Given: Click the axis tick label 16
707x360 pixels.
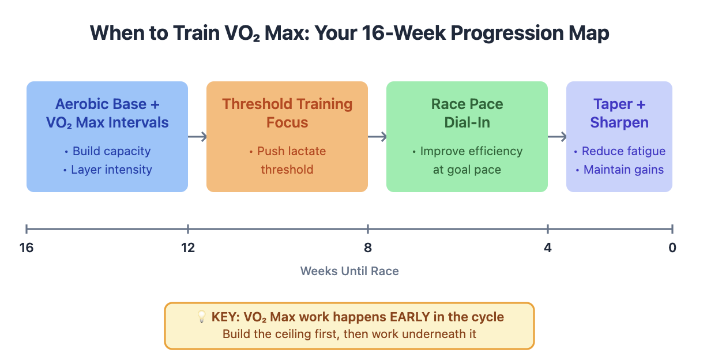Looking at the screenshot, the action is coord(26,248).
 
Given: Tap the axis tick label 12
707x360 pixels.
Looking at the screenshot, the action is coord(188,248).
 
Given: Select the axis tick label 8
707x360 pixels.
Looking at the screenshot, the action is coord(368,248).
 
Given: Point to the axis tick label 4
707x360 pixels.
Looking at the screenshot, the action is coord(548,248).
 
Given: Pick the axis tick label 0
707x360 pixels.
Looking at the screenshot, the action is coord(672,248).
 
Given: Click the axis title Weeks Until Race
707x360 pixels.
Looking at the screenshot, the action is coord(349,271).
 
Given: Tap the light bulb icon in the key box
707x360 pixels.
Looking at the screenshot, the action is coord(201,316).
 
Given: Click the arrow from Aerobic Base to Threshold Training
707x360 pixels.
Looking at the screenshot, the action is coord(197,137).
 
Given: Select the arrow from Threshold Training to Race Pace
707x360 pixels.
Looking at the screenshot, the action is coord(377,137).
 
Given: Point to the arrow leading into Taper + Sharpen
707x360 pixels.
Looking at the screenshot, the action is coord(557,137).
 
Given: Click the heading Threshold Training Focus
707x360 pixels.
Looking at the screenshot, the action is coord(287,113).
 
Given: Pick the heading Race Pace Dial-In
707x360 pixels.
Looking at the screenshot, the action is coord(467,113).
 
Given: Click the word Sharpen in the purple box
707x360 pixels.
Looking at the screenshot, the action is coord(619,122).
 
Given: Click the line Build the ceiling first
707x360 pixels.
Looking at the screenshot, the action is coord(349,334).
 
